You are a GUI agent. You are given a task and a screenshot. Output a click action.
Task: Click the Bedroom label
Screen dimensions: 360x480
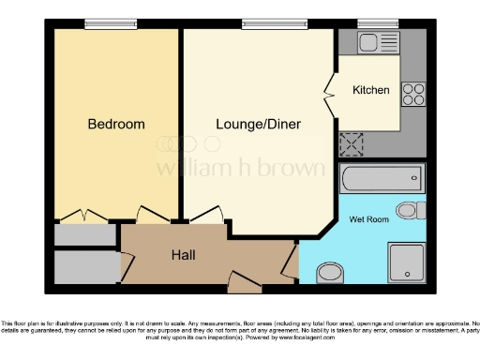point(116,124)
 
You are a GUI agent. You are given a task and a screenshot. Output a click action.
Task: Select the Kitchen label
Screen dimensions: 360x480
point(370,91)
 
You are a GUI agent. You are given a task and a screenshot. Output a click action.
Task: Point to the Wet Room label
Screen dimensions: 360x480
point(368,219)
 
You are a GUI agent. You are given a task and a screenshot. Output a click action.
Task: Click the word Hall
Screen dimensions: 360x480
point(183,254)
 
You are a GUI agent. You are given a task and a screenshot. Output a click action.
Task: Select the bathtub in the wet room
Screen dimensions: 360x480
point(385,178)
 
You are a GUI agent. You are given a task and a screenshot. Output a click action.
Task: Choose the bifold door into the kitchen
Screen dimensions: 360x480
point(329,94)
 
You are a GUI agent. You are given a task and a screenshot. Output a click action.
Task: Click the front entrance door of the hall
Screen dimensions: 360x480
point(245,278)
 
